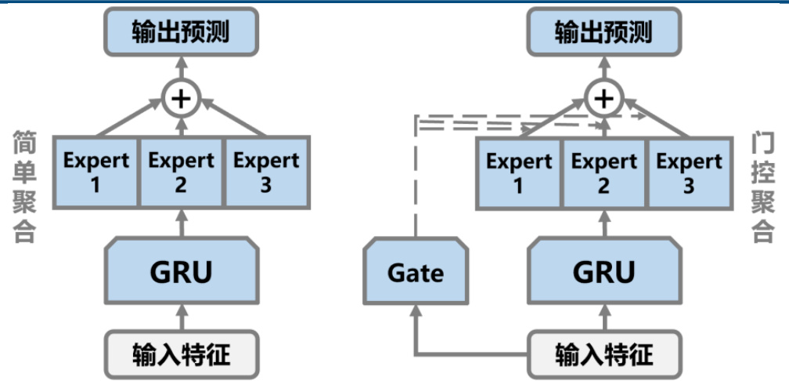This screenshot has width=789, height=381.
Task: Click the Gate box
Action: (x=416, y=273)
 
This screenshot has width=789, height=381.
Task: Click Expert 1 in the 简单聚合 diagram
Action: (x=96, y=171)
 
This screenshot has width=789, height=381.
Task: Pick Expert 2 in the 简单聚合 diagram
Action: (x=182, y=171)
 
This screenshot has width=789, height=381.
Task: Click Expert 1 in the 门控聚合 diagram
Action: (x=519, y=172)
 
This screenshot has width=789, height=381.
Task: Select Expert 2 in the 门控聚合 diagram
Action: (x=604, y=172)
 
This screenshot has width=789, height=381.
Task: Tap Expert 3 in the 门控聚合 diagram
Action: (x=689, y=172)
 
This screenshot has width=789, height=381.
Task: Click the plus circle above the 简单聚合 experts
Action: (x=182, y=98)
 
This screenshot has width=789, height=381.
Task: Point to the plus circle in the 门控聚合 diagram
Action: (x=603, y=98)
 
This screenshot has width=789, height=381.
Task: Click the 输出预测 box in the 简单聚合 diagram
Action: (x=182, y=32)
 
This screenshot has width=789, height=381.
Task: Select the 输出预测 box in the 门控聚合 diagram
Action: (x=603, y=32)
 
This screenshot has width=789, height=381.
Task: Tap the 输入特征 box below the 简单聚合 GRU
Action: (x=182, y=354)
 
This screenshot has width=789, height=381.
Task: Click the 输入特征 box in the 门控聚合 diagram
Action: (x=603, y=354)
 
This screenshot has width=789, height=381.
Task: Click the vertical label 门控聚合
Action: (x=762, y=187)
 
